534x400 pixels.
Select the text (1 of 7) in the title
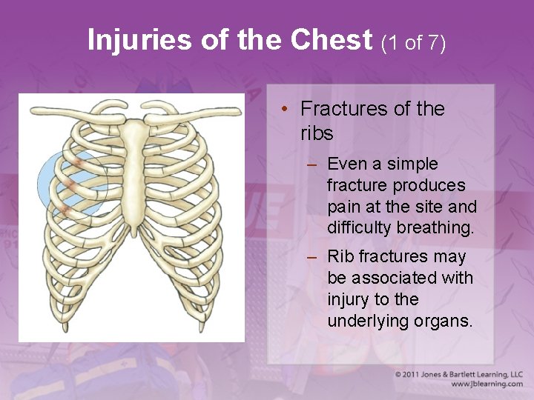(x=413, y=43)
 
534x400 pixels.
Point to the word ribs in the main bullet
(x=317, y=134)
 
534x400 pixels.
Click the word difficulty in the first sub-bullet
(x=360, y=228)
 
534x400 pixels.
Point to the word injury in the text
(x=349, y=300)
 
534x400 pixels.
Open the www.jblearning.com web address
(x=486, y=384)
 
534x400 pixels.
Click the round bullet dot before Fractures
(x=285, y=110)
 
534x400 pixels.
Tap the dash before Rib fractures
(x=313, y=257)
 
